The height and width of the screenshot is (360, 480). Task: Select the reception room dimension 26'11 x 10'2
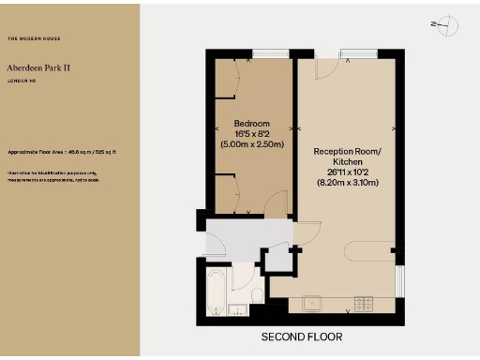point(348,171)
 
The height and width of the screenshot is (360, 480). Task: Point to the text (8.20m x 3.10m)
point(348,182)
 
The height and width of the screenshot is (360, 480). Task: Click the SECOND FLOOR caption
point(301,337)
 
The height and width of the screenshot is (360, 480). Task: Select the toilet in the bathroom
point(254,281)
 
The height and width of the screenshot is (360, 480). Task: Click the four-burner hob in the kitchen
point(364,303)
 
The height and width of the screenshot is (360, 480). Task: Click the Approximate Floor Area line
point(61,151)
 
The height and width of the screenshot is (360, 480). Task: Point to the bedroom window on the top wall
point(271,53)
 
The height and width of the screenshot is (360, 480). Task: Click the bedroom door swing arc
point(275,202)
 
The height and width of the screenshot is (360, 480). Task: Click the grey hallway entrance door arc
point(216,243)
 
